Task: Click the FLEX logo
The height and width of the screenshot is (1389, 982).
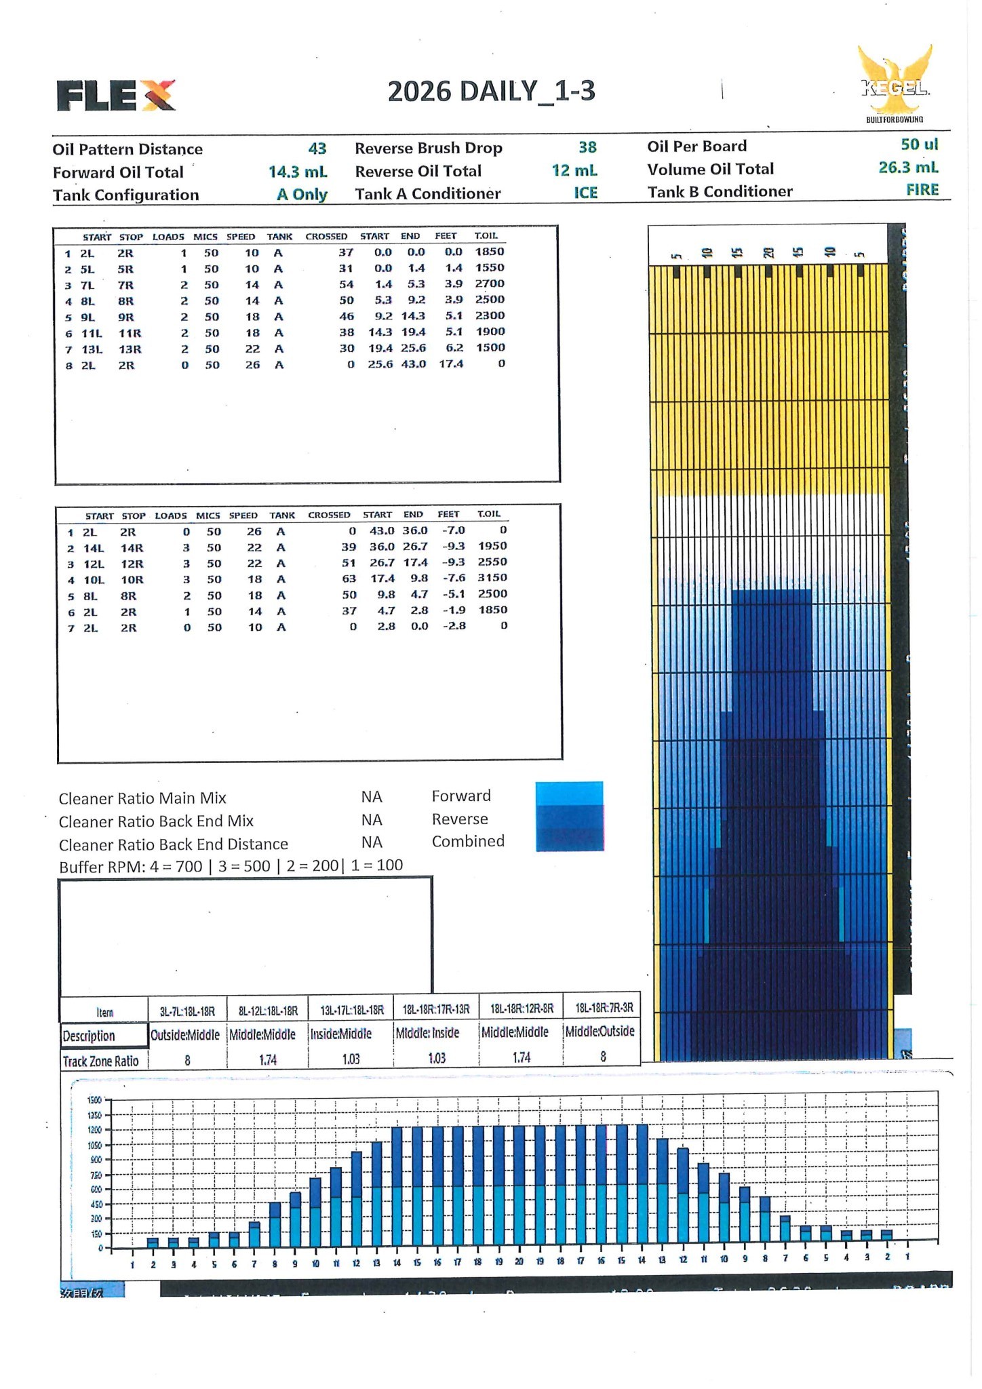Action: pyautogui.click(x=116, y=95)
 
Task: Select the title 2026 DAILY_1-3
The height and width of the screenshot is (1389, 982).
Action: pyautogui.click(x=491, y=92)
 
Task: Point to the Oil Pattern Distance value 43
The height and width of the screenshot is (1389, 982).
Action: pyautogui.click(x=317, y=149)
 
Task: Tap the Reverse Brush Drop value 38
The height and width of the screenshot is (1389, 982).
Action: pyautogui.click(x=587, y=148)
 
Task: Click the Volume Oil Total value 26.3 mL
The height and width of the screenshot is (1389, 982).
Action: pyautogui.click(x=908, y=168)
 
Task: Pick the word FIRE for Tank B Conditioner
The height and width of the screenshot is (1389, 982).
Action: pyautogui.click(x=922, y=190)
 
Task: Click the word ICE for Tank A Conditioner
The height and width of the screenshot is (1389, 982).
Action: pyautogui.click(x=585, y=193)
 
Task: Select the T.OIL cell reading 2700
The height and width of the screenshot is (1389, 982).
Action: pyautogui.click(x=489, y=283)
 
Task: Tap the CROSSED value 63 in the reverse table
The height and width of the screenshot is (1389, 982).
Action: pyautogui.click(x=349, y=579)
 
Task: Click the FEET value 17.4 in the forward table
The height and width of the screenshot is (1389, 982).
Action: pyautogui.click(x=451, y=364)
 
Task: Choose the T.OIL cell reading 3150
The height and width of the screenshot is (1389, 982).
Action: pyautogui.click(x=492, y=578)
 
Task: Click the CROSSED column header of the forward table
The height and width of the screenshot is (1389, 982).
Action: pyautogui.click(x=326, y=237)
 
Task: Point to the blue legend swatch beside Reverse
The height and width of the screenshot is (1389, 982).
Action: pyautogui.click(x=569, y=817)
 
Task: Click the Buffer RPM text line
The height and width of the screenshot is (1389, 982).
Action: pyautogui.click(x=231, y=866)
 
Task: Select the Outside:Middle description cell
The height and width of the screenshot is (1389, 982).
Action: pyautogui.click(x=185, y=1035)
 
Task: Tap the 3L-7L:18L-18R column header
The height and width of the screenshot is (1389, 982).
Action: pyautogui.click(x=187, y=1011)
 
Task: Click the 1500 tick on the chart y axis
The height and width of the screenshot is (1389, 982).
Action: pyautogui.click(x=94, y=1100)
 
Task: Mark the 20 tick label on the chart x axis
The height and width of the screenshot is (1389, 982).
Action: pyautogui.click(x=519, y=1262)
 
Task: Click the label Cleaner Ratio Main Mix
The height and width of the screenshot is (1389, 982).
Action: pyautogui.click(x=142, y=798)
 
